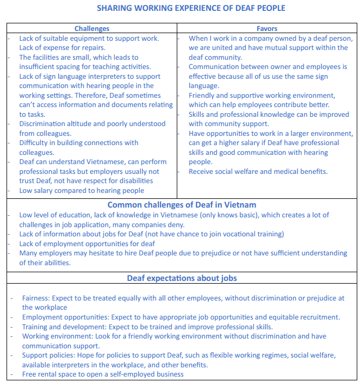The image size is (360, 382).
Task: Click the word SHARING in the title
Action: coord(114,8)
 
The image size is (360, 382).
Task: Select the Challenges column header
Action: coord(92,29)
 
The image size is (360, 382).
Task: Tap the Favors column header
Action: coord(267,29)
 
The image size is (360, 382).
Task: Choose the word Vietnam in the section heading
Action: coord(238,205)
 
